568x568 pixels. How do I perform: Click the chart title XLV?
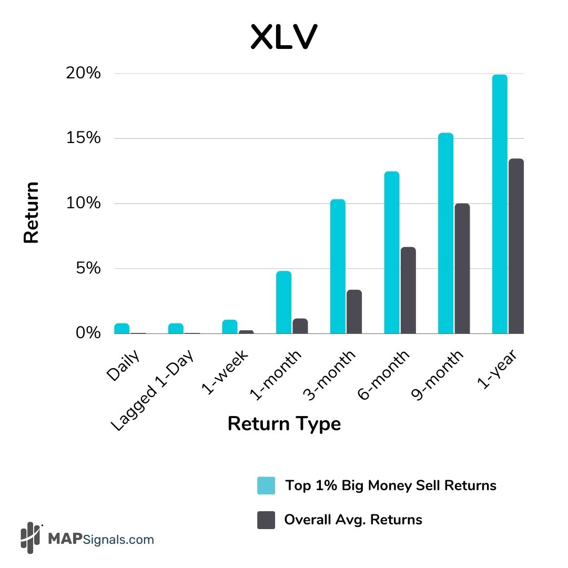tap(283, 37)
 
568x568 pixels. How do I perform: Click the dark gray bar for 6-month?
tap(408, 290)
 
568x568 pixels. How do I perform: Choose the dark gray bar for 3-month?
tap(354, 311)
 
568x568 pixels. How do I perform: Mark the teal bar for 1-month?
tap(283, 302)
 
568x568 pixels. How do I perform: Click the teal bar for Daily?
tap(121, 328)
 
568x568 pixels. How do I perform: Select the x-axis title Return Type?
tap(284, 423)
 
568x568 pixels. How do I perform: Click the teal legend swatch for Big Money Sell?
tap(266, 485)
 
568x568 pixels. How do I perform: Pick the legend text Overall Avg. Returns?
tap(353, 520)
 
